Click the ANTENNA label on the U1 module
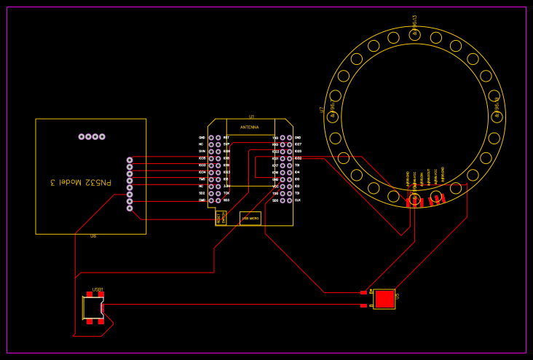250,127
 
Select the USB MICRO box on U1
250,218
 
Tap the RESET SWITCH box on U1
221,217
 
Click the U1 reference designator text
252,117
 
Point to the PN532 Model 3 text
81,181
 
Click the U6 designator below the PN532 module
92,236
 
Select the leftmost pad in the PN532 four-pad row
82,136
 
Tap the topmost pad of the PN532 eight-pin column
130,160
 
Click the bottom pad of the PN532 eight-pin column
130,208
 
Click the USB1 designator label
98,289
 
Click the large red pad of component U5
384,299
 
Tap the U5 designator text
398,297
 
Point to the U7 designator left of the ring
322,110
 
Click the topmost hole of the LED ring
414,35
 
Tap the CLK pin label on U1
298,200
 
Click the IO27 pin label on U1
298,144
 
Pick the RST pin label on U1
226,138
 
